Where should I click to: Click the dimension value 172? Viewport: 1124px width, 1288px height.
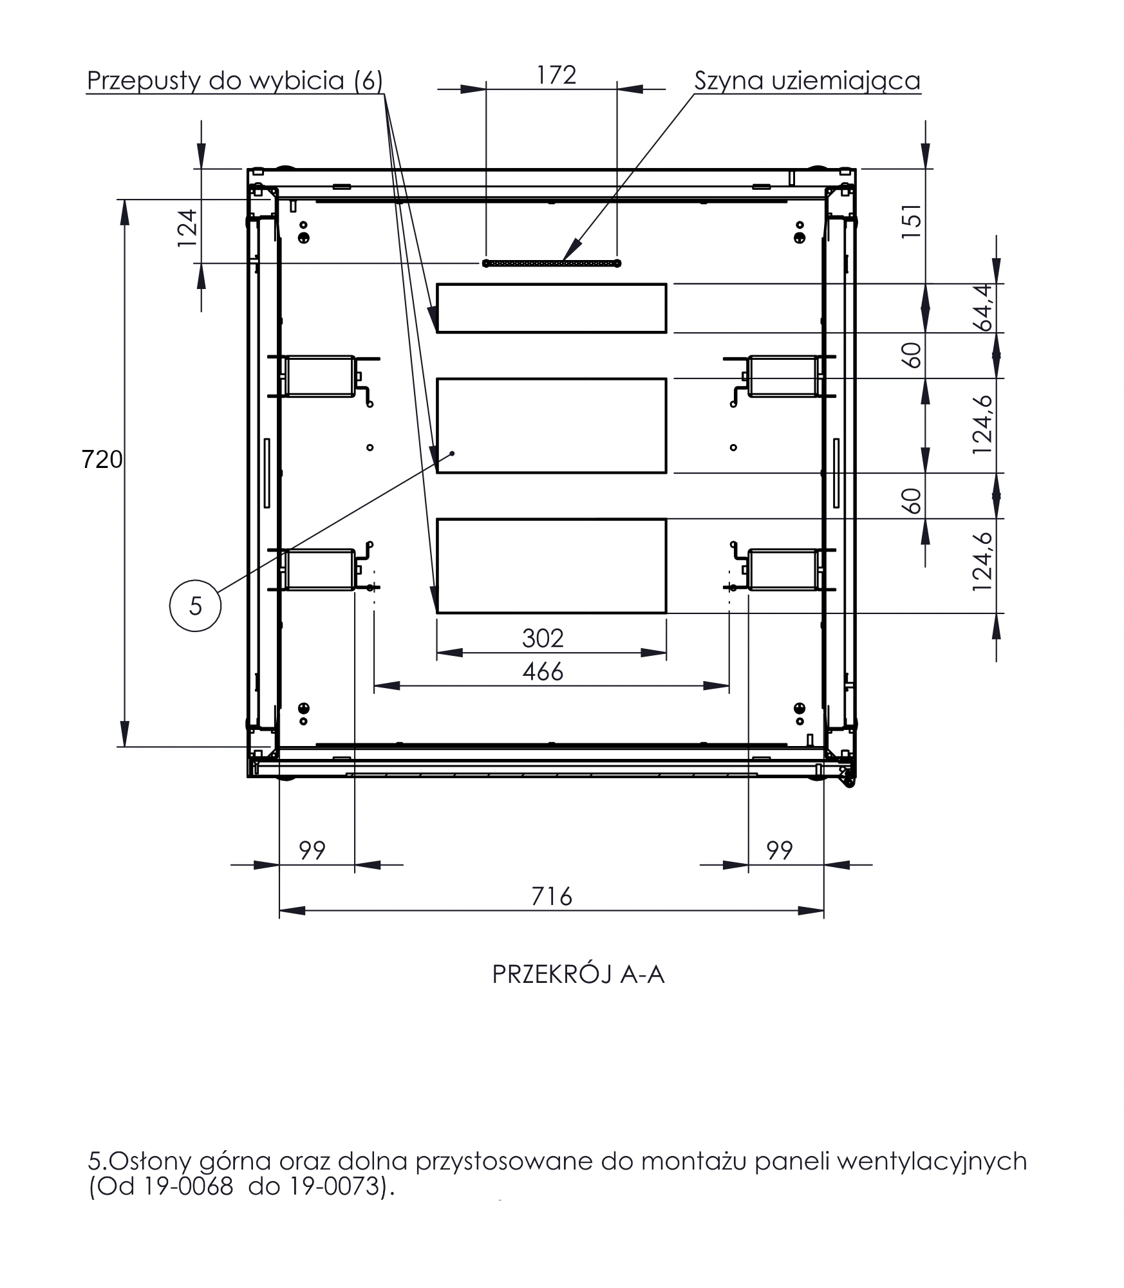557,75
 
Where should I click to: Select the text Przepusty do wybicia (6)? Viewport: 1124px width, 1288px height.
235,81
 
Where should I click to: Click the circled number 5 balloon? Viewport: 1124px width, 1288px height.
195,605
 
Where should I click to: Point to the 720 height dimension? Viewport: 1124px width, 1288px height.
102,460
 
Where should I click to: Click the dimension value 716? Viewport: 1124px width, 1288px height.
552,897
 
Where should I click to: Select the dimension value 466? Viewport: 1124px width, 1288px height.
543,672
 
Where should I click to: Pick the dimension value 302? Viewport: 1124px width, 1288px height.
543,638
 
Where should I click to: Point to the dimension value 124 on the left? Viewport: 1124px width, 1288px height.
187,229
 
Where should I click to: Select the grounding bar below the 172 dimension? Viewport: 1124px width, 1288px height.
552,263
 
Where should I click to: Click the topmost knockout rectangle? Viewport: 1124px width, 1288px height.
552,308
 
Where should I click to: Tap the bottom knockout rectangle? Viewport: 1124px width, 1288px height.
552,566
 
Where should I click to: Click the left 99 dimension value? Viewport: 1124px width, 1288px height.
312,851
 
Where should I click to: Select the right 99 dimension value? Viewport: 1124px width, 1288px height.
779,851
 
